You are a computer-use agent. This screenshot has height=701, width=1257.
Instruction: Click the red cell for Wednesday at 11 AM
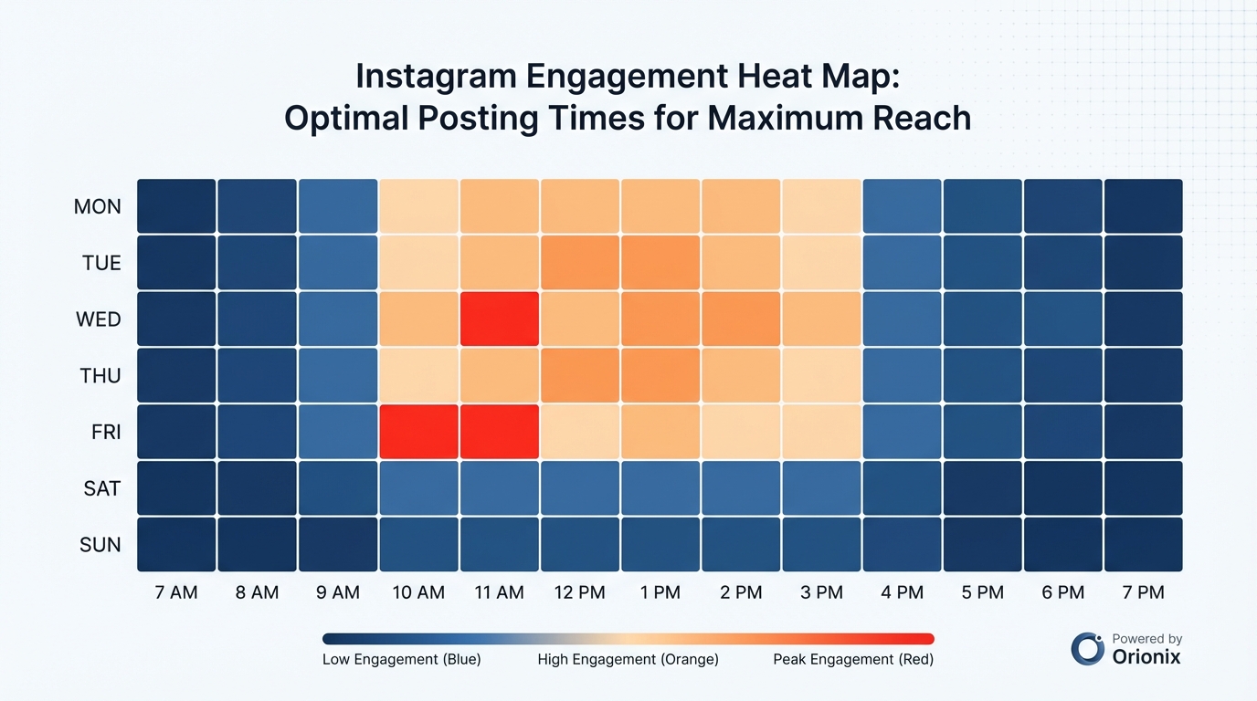pos(499,319)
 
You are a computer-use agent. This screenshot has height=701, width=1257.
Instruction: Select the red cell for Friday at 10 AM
pos(418,432)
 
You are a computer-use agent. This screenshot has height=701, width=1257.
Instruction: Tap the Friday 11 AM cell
pos(499,432)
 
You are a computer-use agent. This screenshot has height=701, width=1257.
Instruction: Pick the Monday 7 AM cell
pos(176,206)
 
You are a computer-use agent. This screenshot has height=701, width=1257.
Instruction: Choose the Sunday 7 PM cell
pos(1143,545)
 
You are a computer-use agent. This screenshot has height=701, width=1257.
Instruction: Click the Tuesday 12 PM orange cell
pos(579,263)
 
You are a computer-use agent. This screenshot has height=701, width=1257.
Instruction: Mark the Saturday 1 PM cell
pos(660,488)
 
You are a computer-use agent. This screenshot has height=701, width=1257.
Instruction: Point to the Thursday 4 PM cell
pos(902,375)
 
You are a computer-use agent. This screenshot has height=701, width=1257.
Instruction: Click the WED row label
pos(98,319)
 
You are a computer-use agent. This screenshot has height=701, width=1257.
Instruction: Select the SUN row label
pos(100,545)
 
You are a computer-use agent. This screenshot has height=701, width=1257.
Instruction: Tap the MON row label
pos(98,206)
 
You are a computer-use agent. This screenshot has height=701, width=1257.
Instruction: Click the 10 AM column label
pos(418,592)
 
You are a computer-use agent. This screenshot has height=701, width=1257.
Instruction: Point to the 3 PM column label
pos(821,592)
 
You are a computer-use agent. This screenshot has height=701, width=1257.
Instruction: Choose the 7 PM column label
pos(1143,592)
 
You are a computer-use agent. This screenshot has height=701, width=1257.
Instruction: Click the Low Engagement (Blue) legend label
pos(401,659)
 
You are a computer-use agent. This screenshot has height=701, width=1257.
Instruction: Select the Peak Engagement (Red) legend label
pos(853,659)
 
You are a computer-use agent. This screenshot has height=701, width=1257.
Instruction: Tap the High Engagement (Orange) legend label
pos(628,659)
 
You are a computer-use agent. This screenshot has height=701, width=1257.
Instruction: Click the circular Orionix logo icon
pos(1088,648)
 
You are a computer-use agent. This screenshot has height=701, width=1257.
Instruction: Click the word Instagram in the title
pos(436,76)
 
